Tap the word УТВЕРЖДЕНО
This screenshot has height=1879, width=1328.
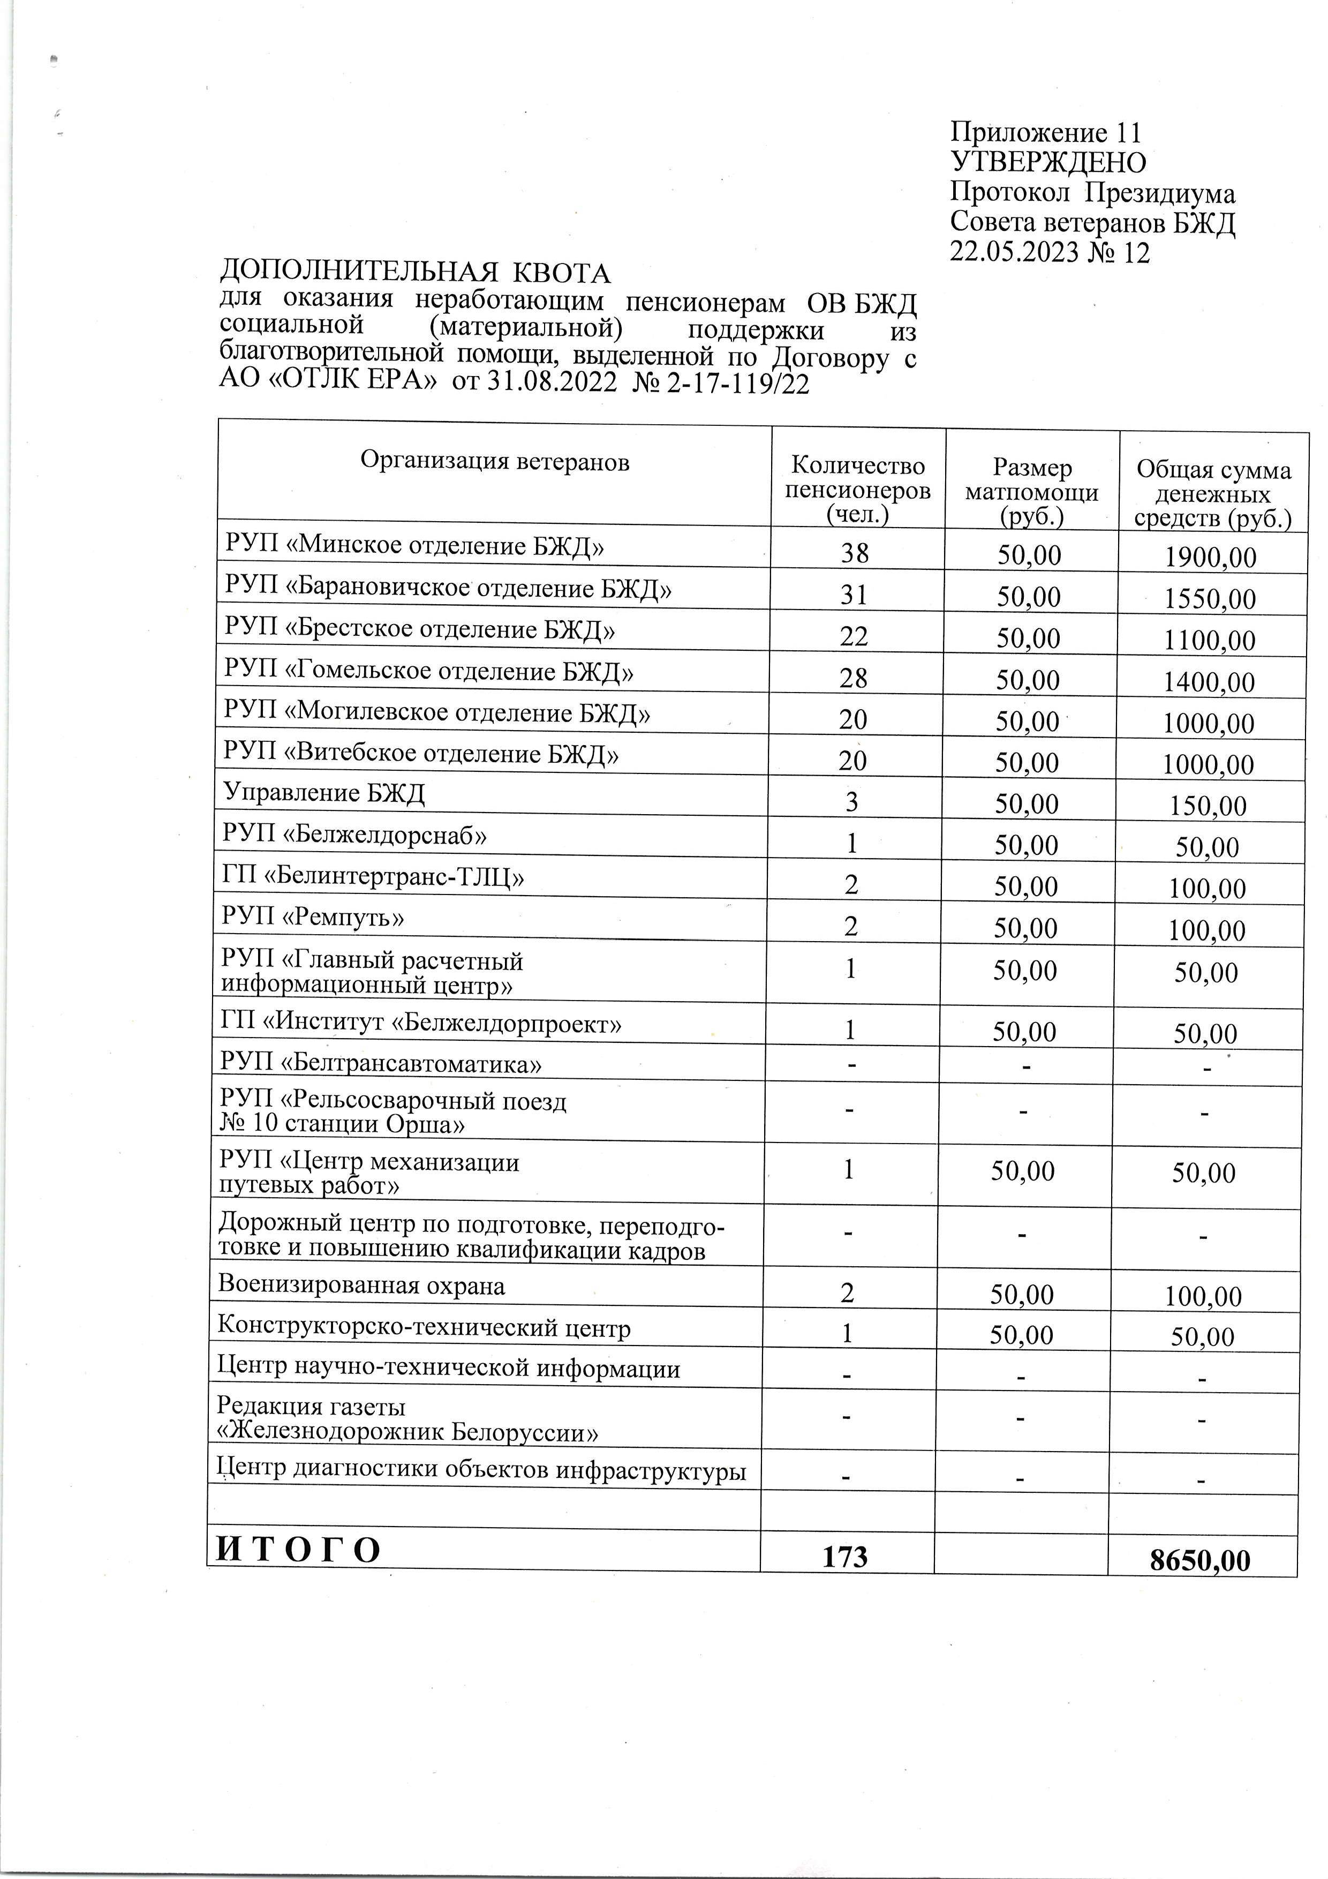[1047, 163]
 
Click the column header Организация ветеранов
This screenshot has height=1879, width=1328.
[494, 462]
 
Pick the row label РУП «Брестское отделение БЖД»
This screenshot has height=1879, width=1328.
[420, 629]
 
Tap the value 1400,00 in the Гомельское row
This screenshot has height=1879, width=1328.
[1209, 682]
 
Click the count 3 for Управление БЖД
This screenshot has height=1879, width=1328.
[852, 802]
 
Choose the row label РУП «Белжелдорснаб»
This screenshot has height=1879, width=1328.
[355, 835]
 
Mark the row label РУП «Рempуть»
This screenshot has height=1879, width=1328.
[313, 918]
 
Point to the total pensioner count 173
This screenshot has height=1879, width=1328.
[844, 1555]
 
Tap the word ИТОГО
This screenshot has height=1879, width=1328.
[299, 1550]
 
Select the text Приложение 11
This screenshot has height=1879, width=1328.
[1045, 133]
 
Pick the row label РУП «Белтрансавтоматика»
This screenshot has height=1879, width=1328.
[381, 1064]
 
